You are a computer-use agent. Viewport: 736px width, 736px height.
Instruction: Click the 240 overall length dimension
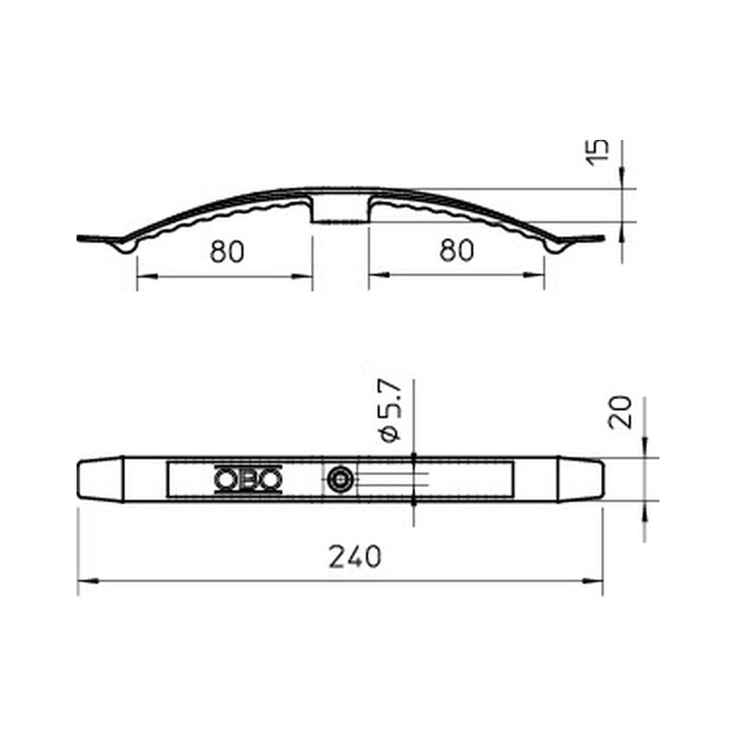click(x=355, y=557)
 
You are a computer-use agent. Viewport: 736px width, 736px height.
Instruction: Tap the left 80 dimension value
click(x=227, y=251)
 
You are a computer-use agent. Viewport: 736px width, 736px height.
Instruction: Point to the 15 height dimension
click(x=597, y=152)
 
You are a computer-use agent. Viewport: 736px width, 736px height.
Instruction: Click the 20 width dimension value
click(x=620, y=412)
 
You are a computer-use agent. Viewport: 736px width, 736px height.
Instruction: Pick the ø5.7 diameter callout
click(x=391, y=410)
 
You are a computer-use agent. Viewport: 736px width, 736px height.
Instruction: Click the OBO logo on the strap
click(x=248, y=479)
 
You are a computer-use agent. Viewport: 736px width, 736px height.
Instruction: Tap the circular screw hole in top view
click(x=340, y=479)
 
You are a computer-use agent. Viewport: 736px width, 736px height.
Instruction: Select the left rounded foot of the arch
click(x=125, y=246)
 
